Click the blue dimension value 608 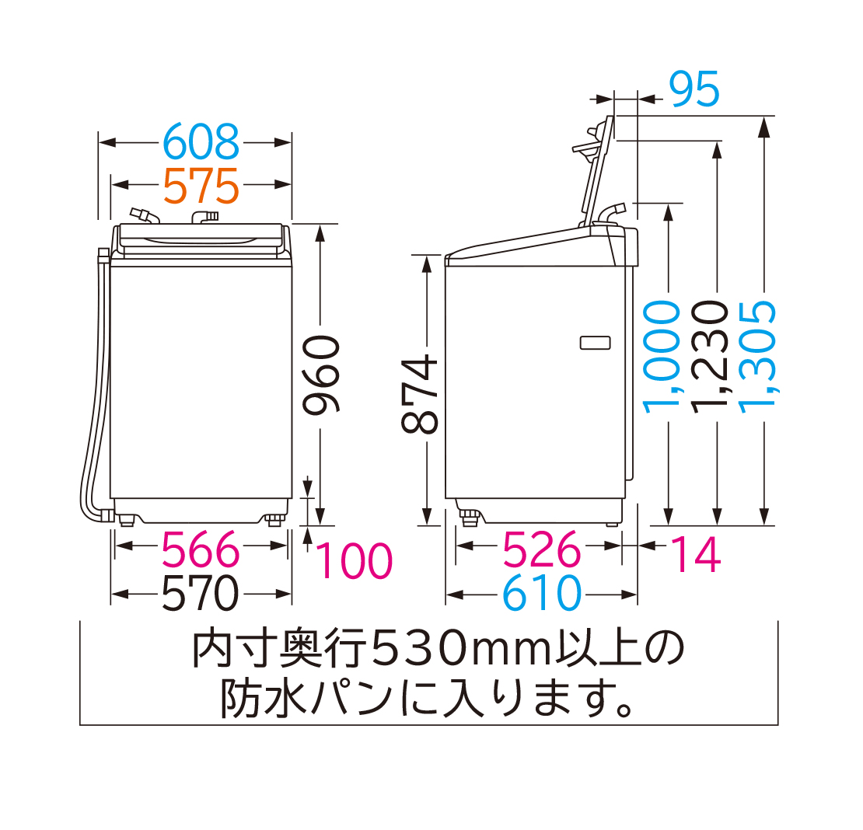pos(201,142)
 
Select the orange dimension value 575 pos(201,185)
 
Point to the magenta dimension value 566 pos(201,550)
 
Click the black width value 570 pos(201,595)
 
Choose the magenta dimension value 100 pos(354,560)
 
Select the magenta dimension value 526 pos(541,550)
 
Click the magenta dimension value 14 pos(695,553)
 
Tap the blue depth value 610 pos(541,595)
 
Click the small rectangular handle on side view pos(595,342)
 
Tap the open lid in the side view pos(595,167)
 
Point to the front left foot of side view pos(469,516)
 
